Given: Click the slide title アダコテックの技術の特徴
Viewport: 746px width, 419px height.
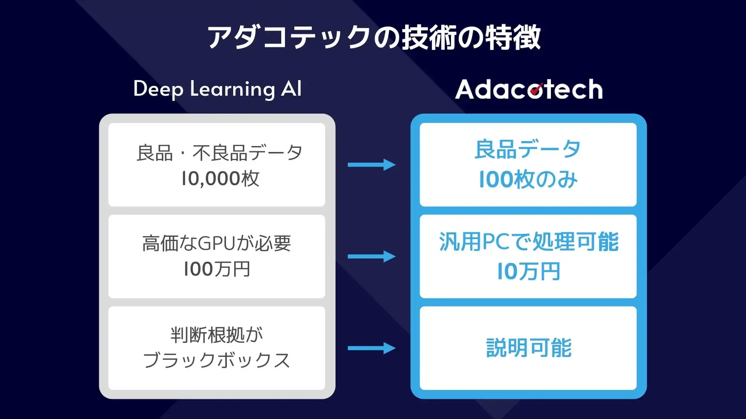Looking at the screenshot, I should pos(373,37).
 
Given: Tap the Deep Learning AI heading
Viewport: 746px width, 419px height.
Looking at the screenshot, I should pos(217,89).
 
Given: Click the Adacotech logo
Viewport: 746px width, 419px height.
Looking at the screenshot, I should pos(529,89).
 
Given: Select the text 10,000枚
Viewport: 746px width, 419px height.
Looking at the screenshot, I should pos(220,178).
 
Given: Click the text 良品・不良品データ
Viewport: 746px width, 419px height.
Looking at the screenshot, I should pos(219,153).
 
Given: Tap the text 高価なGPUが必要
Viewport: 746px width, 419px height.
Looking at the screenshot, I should pos(217,243).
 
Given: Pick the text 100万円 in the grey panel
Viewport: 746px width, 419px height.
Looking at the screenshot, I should pos(217,269).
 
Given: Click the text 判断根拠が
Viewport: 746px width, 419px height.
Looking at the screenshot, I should pos(217,335).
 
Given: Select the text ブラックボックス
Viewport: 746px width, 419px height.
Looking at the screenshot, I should pos(217,360).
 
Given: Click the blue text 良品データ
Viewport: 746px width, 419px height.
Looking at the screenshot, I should pos(528,149).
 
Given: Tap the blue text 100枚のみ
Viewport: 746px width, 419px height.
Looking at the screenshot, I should pos(528,179).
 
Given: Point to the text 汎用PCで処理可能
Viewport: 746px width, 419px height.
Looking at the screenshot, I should pos(528,242).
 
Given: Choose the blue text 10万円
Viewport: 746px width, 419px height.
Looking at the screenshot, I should pos(528,271).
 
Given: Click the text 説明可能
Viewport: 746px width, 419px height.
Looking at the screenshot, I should pos(528,348).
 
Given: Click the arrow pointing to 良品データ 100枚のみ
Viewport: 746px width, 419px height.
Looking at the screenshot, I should pos(371,165).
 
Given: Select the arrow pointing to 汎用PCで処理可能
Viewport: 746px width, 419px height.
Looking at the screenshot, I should pos(371,256).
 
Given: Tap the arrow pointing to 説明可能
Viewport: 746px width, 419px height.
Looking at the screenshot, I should pos(371,348).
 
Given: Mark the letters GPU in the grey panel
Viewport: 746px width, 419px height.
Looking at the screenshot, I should pos(217,243).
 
